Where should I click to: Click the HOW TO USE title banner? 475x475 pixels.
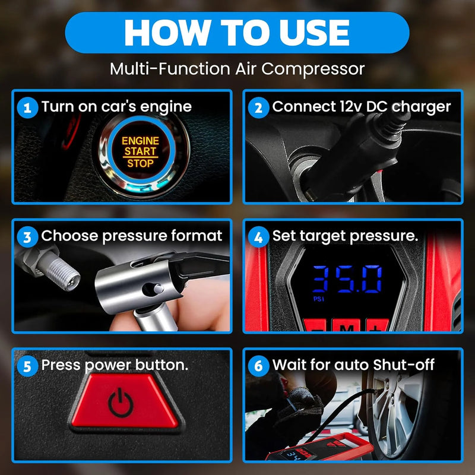[x=237, y=33]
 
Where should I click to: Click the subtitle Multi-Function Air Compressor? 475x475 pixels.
[x=237, y=69]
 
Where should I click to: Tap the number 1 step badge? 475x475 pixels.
[x=26, y=107]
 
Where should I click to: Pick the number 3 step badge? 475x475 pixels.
[x=26, y=237]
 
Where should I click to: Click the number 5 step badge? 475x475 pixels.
[x=26, y=366]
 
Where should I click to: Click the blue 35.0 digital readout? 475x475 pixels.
[x=347, y=278]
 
